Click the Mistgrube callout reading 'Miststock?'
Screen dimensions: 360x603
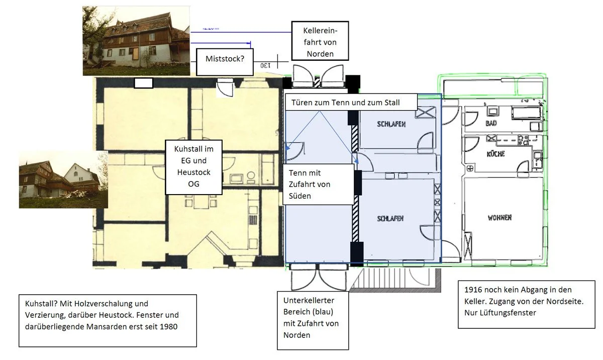click(x=225, y=59)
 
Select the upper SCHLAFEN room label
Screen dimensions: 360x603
click(x=391, y=124)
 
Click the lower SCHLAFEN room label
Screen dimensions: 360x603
click(x=390, y=218)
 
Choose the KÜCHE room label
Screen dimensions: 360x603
click(x=495, y=154)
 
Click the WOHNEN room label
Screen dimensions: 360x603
click(x=499, y=218)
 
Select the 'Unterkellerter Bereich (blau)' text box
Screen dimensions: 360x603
click(x=313, y=320)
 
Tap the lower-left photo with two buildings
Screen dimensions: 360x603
click(x=63, y=179)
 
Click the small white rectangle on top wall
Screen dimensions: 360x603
click(x=144, y=83)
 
